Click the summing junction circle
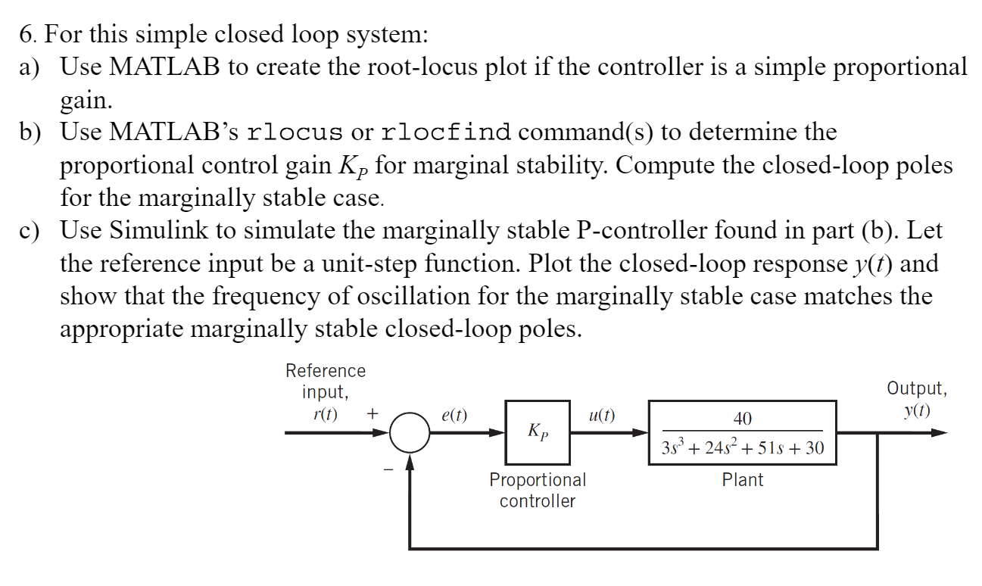410,433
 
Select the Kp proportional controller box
538,433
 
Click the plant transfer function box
742,433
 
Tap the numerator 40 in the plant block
742,419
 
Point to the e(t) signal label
454,415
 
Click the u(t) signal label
602,415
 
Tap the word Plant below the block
742,480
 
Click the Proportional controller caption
538,490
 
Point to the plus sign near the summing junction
373,414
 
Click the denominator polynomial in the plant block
742,447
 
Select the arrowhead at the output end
939,433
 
